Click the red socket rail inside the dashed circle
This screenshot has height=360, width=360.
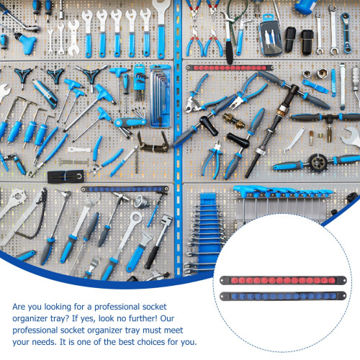pos(283,280)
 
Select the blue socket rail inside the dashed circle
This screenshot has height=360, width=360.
pos(283,296)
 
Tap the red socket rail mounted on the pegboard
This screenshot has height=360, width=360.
pos(230,68)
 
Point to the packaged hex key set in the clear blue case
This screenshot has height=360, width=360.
pos(161,96)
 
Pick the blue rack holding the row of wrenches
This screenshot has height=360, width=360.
pos(208,228)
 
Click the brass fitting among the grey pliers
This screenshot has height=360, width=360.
pos(233,120)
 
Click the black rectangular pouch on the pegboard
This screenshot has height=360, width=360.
pos(66,176)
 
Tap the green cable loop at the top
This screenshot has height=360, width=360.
pos(236,12)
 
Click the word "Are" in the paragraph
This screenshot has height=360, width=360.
pos(19,307)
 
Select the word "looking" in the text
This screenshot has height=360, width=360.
pos(58,307)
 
